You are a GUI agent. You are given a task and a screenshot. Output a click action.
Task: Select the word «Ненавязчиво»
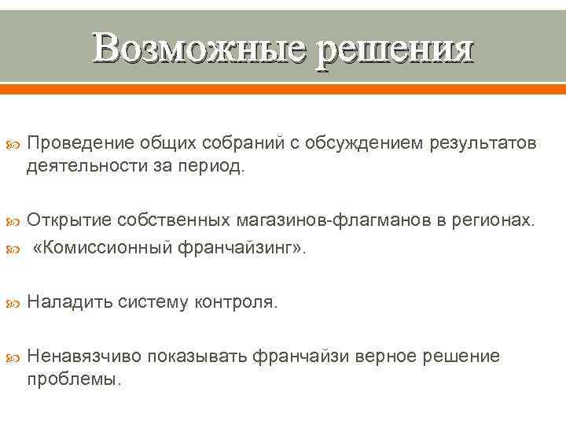pyautogui.click(x=83, y=356)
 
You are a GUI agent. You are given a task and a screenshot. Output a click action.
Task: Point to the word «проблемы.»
pyautogui.click(x=75, y=379)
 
